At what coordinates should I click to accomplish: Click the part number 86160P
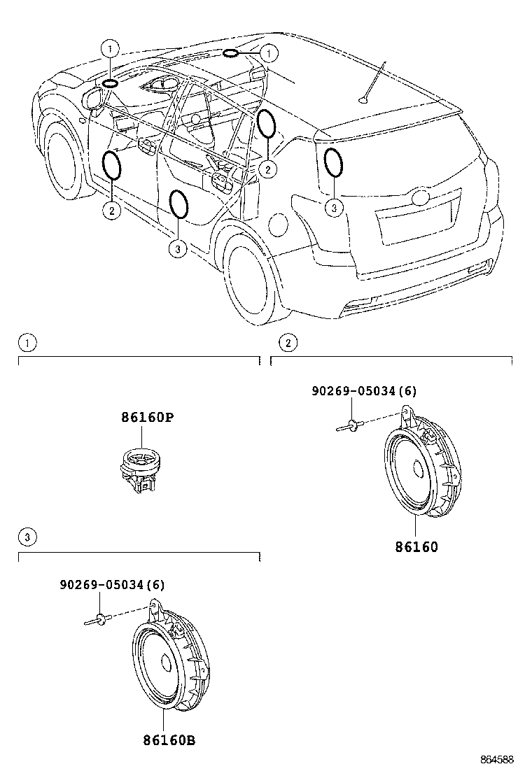146,418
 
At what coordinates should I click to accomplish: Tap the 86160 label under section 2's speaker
415,547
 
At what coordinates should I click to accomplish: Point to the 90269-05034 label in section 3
111,585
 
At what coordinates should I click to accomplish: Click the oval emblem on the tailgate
422,197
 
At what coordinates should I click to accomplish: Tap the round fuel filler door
278,225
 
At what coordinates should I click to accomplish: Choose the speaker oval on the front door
111,164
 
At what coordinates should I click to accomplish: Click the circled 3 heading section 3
26,537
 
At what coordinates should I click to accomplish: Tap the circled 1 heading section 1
26,343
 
